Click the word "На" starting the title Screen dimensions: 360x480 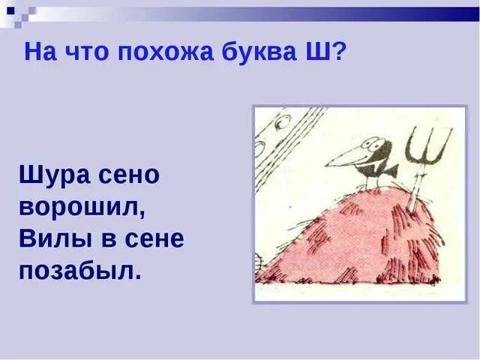coord(39,53)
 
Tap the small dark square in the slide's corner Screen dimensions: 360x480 coord(10,10)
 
